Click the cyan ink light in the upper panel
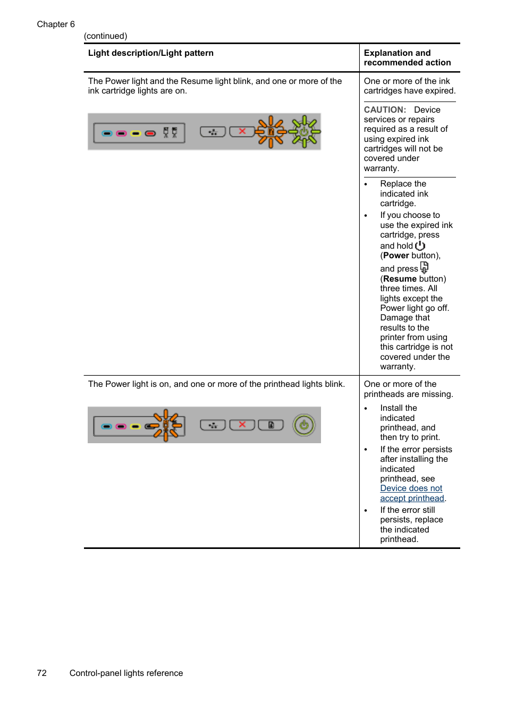click(107, 133)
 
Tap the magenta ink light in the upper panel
click(121, 133)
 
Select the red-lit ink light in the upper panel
click(150, 133)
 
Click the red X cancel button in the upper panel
click(242, 131)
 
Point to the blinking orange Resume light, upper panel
click(271, 132)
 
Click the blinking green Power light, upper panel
click(304, 131)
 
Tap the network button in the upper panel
click(213, 132)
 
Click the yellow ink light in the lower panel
click(136, 426)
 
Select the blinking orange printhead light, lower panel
click(166, 425)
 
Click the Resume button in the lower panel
click(271, 425)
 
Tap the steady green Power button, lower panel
click(304, 425)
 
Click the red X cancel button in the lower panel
click(242, 425)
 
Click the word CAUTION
click(385, 110)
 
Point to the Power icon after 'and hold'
click(420, 246)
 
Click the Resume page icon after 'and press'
click(424, 267)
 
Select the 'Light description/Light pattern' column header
click(151, 53)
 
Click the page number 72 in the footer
click(42, 673)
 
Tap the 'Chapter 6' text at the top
click(56, 24)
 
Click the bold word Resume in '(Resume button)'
click(400, 279)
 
